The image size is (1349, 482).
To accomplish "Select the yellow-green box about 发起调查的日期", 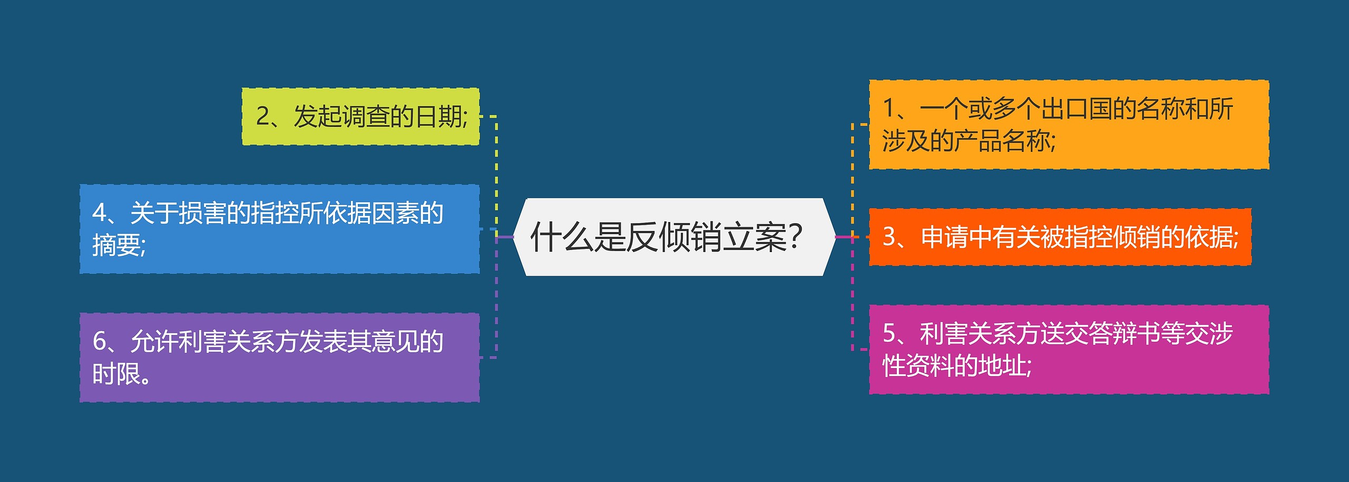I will pyautogui.click(x=360, y=117).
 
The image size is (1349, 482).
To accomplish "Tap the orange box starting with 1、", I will pyautogui.click(x=1069, y=124).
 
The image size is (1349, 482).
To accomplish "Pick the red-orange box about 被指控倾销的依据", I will pyautogui.click(x=1060, y=237).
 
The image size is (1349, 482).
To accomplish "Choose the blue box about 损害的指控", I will pyautogui.click(x=279, y=229).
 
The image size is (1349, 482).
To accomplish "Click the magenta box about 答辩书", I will pyautogui.click(x=1069, y=349).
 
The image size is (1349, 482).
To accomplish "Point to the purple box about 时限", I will pyautogui.click(x=279, y=357).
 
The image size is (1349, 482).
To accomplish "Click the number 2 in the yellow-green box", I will pyautogui.click(x=262, y=117).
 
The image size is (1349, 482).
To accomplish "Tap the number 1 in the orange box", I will pyautogui.click(x=888, y=109).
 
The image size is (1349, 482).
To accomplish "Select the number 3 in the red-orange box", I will pyautogui.click(x=889, y=237).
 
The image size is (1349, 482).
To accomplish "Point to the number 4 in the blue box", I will pyautogui.click(x=99, y=213).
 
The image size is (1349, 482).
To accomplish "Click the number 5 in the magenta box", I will pyautogui.click(x=889, y=333).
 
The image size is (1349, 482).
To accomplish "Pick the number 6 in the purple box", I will pyautogui.click(x=99, y=342).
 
